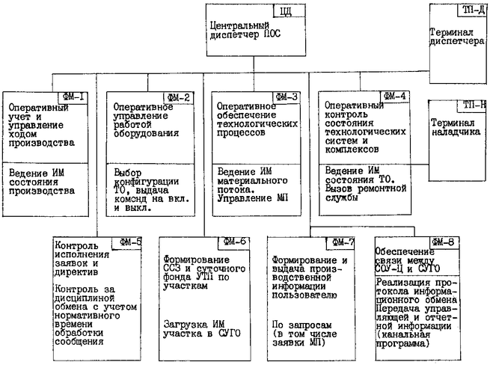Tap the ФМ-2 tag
[x=180, y=96]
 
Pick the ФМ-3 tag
[x=286, y=96]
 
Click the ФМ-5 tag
[x=132, y=242]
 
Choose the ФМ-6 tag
[x=238, y=242]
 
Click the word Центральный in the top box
[x=239, y=24]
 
